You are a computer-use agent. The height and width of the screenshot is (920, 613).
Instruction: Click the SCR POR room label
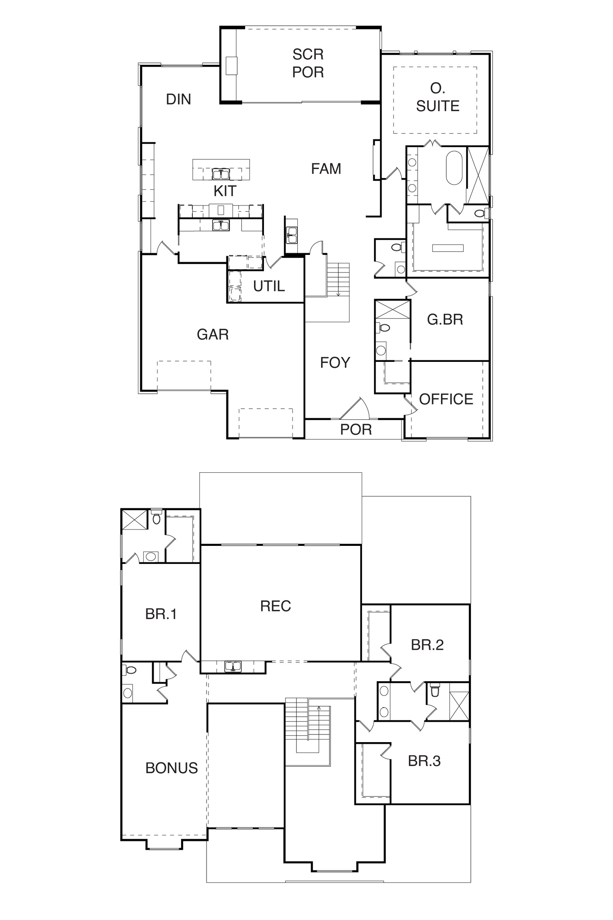[x=308, y=63]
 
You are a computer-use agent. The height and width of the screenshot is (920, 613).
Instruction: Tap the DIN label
[x=179, y=99]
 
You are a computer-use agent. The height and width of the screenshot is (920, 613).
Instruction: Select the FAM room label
[x=326, y=169]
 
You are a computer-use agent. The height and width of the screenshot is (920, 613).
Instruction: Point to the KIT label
[x=225, y=191]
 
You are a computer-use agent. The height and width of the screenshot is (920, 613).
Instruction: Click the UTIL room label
[x=269, y=286]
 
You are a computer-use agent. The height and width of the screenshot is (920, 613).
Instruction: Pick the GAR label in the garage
[x=213, y=334]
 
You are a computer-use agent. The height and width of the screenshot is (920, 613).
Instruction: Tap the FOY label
[x=335, y=363]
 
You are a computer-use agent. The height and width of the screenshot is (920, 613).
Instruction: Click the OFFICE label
[x=446, y=399]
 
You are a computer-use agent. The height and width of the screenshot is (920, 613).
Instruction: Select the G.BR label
[x=445, y=320]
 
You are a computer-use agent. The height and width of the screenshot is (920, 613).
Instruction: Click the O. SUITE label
[x=438, y=97]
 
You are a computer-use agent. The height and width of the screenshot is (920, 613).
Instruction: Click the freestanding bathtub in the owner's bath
[x=454, y=168]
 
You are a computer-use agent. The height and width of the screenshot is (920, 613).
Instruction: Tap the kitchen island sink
[x=221, y=174]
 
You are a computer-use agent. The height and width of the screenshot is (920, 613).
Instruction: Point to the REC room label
[x=275, y=606]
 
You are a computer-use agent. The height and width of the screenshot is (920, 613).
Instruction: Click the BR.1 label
[x=161, y=614]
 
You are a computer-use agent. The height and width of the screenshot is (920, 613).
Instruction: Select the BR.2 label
[x=427, y=645]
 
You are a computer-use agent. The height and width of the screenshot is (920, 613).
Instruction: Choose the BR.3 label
[x=424, y=761]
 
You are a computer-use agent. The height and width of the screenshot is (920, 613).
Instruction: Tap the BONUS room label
[x=172, y=768]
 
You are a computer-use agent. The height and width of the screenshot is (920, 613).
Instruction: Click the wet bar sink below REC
[x=233, y=666]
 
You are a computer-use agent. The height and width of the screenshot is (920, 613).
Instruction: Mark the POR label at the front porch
[x=356, y=429]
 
